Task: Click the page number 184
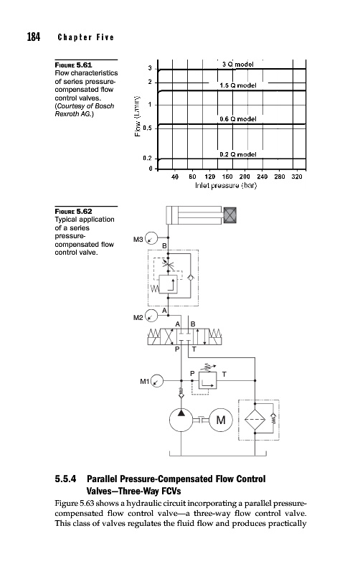click(x=33, y=37)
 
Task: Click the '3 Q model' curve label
click(x=238, y=64)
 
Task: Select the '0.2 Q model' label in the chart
click(x=238, y=154)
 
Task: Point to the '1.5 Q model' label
click(x=238, y=85)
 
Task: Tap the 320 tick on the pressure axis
click(x=297, y=177)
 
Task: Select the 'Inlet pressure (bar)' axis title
click(x=226, y=186)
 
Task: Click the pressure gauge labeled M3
click(x=151, y=238)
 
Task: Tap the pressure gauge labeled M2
click(x=151, y=316)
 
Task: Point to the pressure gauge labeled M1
click(x=157, y=381)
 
